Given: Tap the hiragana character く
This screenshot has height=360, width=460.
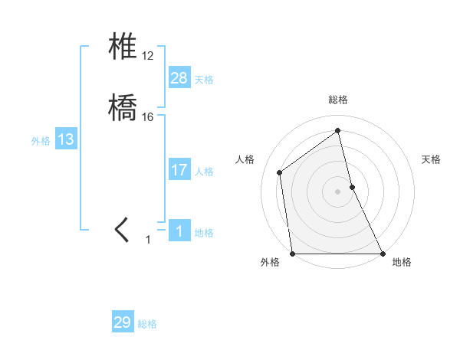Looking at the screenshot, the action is [x=123, y=229].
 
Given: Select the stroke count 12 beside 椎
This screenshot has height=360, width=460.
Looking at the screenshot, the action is [x=148, y=57].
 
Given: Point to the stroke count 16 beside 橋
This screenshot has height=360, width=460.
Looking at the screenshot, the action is [x=148, y=116].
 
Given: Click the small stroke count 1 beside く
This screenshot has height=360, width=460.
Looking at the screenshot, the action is [x=149, y=240].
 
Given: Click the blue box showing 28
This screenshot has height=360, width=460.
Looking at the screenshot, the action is [x=179, y=77].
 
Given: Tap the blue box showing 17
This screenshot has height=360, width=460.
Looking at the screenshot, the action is [x=179, y=169].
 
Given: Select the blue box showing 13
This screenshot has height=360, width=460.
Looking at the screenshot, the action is [x=66, y=139].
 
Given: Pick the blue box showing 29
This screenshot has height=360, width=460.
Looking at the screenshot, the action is [x=123, y=322].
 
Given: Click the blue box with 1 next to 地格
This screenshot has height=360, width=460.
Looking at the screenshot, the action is [x=179, y=231].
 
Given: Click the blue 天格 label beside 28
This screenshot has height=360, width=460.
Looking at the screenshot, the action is [x=204, y=80].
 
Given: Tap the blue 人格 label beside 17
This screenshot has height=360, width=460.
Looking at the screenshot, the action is [x=204, y=172].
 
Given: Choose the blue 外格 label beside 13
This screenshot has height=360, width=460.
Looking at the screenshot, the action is [x=41, y=141].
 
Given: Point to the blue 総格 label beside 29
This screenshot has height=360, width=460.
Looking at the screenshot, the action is [x=147, y=325].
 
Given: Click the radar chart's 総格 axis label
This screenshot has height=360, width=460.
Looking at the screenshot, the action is [x=338, y=100].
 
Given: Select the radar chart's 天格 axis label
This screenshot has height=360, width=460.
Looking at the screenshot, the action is [x=431, y=159].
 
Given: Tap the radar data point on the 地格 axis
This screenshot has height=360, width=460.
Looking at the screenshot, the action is [x=382, y=253].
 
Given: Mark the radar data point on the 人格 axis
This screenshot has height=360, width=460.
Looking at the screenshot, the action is [x=280, y=172].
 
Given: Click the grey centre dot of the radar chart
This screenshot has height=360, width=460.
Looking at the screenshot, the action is [x=338, y=191].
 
